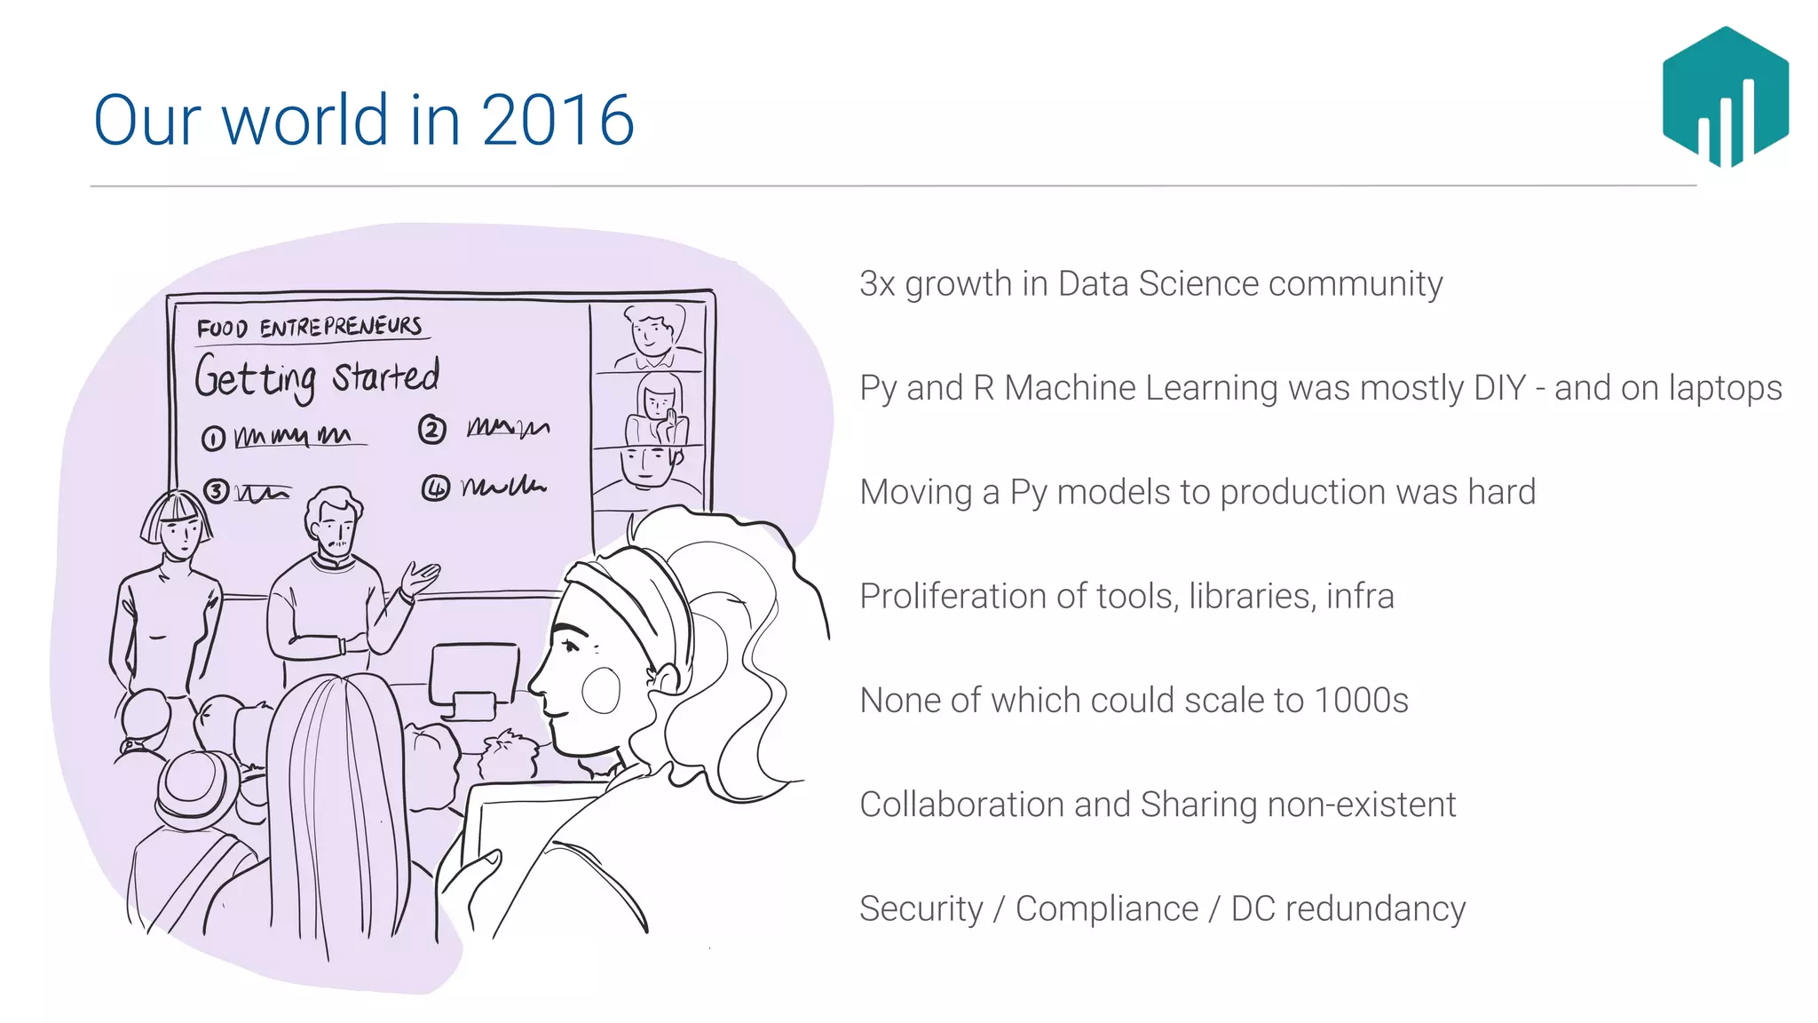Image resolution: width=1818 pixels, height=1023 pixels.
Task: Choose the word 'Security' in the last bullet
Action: pos(921,909)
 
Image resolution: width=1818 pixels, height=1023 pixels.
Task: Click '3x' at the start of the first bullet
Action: pos(877,284)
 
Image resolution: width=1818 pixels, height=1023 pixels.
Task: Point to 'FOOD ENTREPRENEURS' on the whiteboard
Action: pos(310,328)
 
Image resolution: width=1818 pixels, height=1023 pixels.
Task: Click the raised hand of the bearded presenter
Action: pos(419,578)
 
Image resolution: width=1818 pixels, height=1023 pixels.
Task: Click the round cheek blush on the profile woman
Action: pos(601,689)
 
